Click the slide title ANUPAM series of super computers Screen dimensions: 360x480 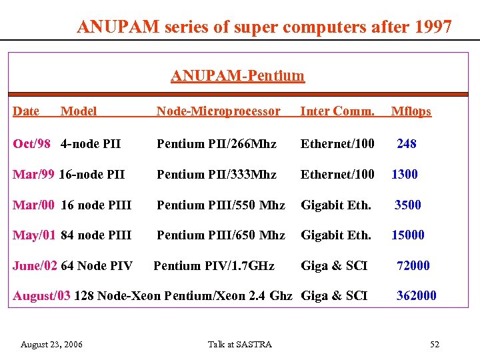coord(264,27)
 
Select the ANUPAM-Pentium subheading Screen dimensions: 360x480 coord(237,76)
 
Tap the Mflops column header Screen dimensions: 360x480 coord(411,111)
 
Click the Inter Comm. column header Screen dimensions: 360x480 coord(337,111)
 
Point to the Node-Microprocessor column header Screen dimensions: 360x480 coord(218,111)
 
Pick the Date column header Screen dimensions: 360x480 coord(26,111)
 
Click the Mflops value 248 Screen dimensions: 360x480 coord(406,143)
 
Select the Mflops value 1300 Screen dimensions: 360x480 coord(405,174)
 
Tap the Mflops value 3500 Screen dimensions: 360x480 coord(407,205)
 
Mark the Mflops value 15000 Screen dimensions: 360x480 coord(407,235)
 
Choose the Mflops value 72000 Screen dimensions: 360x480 coord(413,265)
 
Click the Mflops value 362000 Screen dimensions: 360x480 coord(417,295)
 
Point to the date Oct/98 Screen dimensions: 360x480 coord(31,143)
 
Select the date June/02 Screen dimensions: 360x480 coord(35,265)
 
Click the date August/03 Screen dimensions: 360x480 coord(41,295)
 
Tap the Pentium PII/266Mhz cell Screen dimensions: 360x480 coord(216,143)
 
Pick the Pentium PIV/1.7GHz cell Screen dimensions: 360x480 coord(213,265)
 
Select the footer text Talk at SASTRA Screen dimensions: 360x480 coord(240,345)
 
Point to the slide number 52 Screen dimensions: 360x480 coord(435,345)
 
